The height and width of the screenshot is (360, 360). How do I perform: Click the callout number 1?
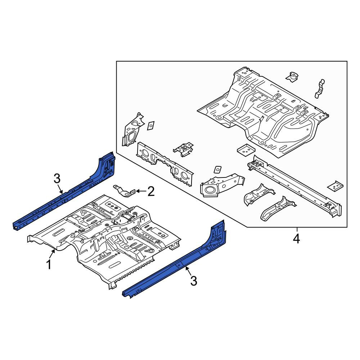[49, 265]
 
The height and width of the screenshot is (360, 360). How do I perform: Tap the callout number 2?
[151, 191]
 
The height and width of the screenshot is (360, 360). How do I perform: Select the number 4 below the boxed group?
[296, 239]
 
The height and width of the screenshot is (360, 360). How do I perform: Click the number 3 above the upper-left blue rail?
[57, 179]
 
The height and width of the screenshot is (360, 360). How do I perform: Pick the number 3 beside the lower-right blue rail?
[194, 281]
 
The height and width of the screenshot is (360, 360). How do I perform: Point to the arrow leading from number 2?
[141, 191]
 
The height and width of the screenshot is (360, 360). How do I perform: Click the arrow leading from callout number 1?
[53, 254]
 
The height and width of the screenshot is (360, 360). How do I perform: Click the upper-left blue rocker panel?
[64, 190]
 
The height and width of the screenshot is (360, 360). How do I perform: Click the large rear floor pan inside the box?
[263, 112]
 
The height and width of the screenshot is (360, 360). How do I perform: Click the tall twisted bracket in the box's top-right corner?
[320, 89]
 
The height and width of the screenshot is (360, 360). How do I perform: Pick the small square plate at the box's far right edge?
[335, 185]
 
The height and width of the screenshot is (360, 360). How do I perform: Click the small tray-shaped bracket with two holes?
[246, 149]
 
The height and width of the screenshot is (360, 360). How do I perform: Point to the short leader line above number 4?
[297, 230]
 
